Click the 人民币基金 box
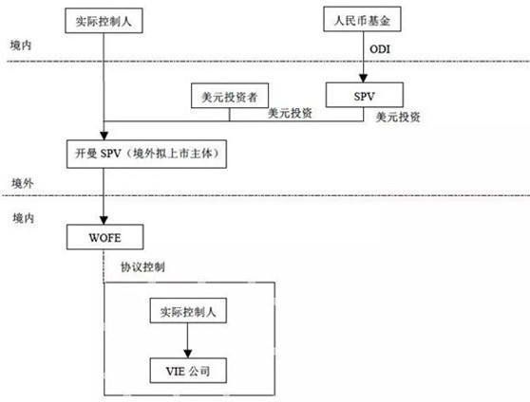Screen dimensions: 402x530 pyautogui.click(x=363, y=17)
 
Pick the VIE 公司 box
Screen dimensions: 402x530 pyautogui.click(x=191, y=366)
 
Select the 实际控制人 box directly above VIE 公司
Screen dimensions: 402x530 pyautogui.click(x=191, y=311)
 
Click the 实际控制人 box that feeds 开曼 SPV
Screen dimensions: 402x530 pyautogui.click(x=102, y=17)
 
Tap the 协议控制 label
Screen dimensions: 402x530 pyautogui.click(x=142, y=266)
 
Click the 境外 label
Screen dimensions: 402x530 pyautogui.click(x=23, y=180)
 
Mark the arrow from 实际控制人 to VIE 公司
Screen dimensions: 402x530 pyautogui.click(x=191, y=338)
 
